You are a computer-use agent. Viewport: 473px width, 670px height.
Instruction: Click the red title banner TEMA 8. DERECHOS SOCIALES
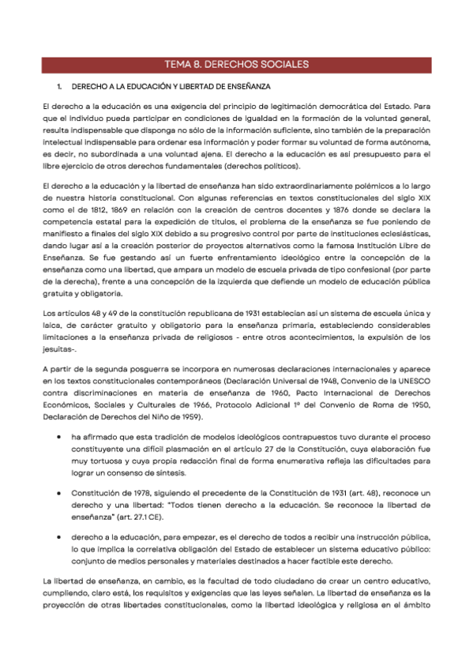[236, 64]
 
